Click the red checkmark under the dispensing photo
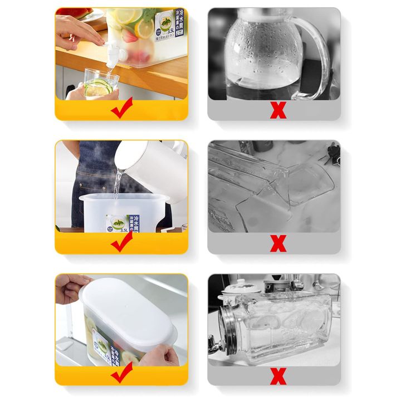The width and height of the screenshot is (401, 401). (x=121, y=110)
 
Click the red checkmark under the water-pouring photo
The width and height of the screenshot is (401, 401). (x=121, y=242)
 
